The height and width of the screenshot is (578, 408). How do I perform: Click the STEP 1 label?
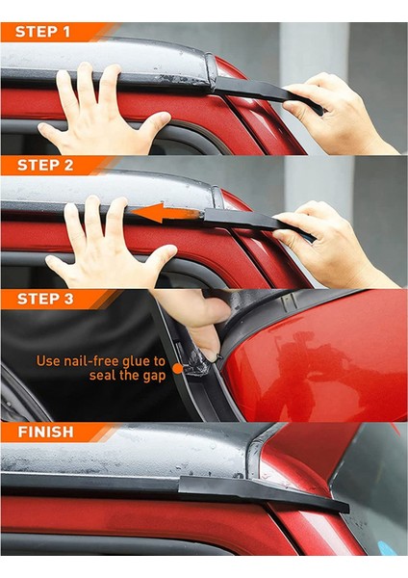(x=42, y=32)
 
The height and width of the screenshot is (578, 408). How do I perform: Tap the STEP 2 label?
(x=45, y=165)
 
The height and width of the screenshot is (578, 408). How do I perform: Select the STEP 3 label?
(x=45, y=299)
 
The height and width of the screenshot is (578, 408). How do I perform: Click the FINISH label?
(x=45, y=432)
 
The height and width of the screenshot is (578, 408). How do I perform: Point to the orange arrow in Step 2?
(x=166, y=213)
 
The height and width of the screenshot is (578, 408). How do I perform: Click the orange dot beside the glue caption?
(x=178, y=369)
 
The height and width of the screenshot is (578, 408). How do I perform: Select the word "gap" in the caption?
(x=154, y=377)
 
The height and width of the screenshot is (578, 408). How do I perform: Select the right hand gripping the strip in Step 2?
(x=331, y=244)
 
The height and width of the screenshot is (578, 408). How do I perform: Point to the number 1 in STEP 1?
(x=66, y=32)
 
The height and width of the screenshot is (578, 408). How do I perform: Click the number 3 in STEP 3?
(x=68, y=299)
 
